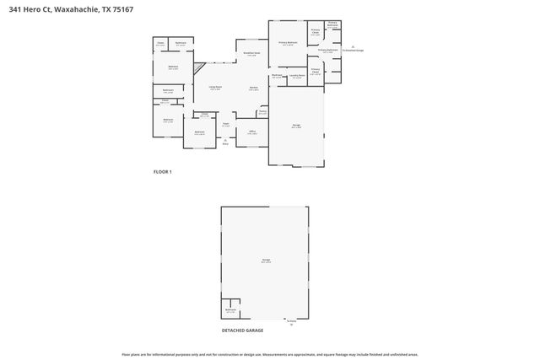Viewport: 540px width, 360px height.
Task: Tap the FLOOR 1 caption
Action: tap(162, 172)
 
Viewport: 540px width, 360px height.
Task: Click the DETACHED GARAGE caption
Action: tap(242, 330)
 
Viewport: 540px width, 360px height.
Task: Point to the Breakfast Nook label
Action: tap(251, 54)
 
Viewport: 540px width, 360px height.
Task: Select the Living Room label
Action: tap(215, 87)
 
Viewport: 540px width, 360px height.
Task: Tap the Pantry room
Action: tap(262, 111)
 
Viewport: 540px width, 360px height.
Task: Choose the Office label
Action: tap(251, 132)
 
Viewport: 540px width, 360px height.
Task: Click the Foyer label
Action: tap(225, 126)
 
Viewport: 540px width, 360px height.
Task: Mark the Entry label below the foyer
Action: tap(225, 144)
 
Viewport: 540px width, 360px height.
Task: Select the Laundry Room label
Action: tap(296, 77)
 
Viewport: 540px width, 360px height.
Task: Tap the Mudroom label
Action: tap(277, 76)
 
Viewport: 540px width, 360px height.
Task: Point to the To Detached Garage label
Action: tap(353, 51)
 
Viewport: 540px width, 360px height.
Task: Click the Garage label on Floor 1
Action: tap(296, 126)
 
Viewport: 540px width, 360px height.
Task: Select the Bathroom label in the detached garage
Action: tap(230, 310)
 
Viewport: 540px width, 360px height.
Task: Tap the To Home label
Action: tap(291, 321)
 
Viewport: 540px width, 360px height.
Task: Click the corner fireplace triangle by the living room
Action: tap(199, 67)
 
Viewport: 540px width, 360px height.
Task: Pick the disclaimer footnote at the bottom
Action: tap(269, 355)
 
